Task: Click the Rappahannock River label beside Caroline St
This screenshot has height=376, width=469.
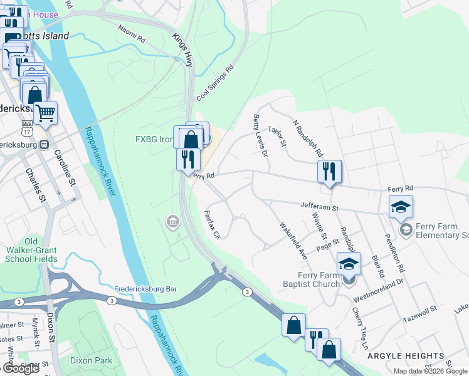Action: [100, 161]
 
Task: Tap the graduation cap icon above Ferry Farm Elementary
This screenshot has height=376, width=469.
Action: [401, 206]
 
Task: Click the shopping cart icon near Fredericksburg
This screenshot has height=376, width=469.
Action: [45, 113]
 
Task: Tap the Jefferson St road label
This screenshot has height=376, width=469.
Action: [319, 207]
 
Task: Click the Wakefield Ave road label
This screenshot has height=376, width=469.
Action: [293, 241]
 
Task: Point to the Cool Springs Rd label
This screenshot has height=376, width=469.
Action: [215, 83]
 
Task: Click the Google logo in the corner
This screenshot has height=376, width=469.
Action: [20, 368]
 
